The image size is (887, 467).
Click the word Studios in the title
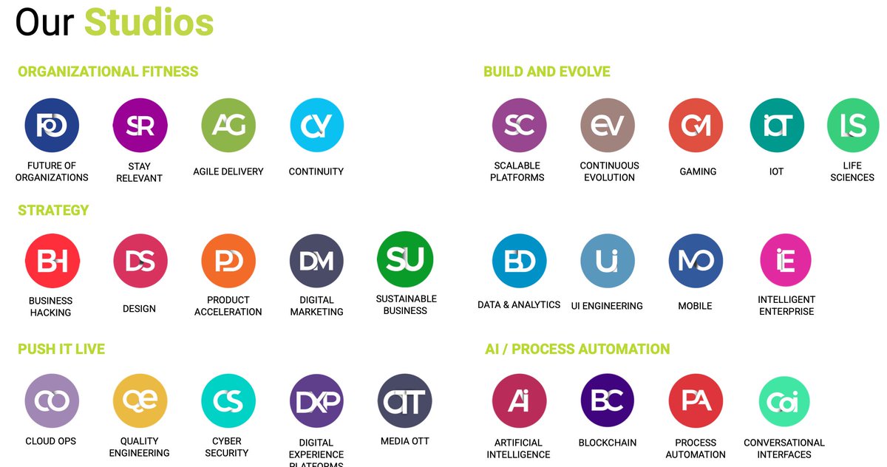tap(149, 22)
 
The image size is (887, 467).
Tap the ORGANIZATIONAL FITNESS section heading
tap(108, 72)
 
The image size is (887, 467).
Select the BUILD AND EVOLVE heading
tap(546, 72)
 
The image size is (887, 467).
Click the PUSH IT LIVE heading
tap(61, 349)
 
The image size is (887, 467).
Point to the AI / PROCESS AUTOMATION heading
tap(577, 349)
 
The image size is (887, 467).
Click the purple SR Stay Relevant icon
tap(140, 126)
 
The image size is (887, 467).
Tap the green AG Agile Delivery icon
tap(228, 126)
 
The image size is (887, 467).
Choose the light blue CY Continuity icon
tap(317, 126)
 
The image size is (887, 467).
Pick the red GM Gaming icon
tap(696, 126)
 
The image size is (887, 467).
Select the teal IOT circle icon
tap(776, 126)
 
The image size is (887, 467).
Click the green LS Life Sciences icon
tap(853, 126)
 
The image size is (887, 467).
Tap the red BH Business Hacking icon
tap(52, 261)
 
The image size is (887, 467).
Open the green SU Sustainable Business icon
tap(405, 259)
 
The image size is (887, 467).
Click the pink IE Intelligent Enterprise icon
tap(786, 261)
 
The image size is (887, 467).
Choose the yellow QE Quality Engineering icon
tap(140, 400)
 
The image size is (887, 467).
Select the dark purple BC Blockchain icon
tap(608, 400)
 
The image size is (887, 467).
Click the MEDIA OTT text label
tap(405, 441)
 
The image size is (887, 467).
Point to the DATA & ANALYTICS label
tap(519, 304)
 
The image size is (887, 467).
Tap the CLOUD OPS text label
tap(51, 441)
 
